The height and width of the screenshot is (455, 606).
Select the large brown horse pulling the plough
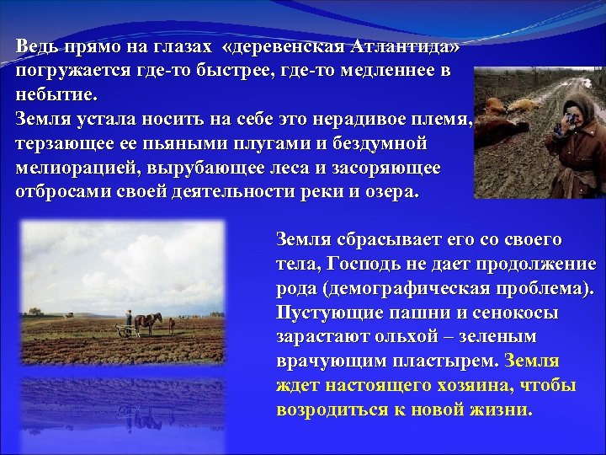click(x=149, y=322)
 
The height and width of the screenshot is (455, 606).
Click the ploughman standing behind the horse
click(x=128, y=321)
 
